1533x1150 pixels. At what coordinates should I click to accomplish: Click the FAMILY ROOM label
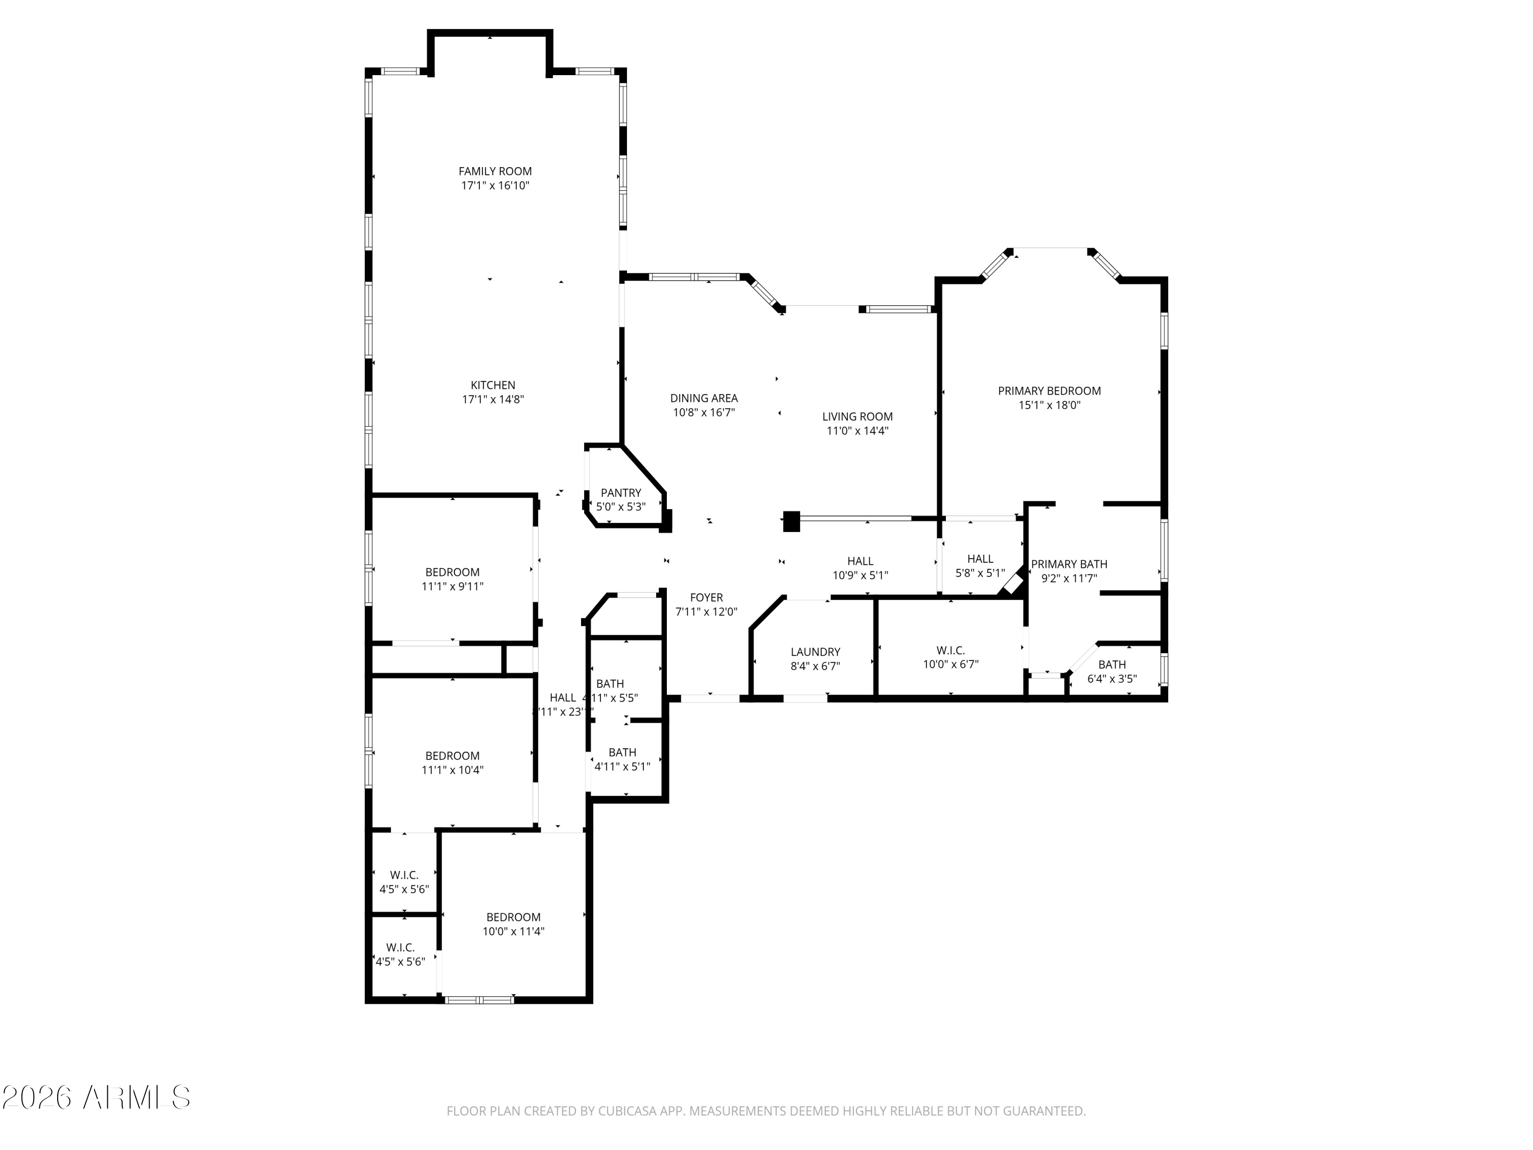pyautogui.click(x=495, y=171)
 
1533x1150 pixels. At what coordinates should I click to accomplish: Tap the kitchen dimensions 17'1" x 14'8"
pyautogui.click(x=493, y=399)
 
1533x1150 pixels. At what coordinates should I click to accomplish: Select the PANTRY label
pyautogui.click(x=620, y=493)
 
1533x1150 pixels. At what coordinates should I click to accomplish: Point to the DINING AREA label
pyautogui.click(x=704, y=398)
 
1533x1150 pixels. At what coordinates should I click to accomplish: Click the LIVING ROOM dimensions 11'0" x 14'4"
pyautogui.click(x=857, y=430)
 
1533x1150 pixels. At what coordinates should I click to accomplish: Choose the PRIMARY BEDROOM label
pyautogui.click(x=1049, y=391)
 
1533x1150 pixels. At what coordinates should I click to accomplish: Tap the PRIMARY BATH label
pyautogui.click(x=1069, y=564)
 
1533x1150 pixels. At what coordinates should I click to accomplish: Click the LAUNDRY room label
pyautogui.click(x=815, y=652)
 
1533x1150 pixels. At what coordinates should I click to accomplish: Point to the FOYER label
pyautogui.click(x=706, y=597)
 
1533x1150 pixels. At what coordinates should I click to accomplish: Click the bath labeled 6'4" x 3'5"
pyautogui.click(x=1111, y=672)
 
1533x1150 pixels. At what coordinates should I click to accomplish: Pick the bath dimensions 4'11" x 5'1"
pyautogui.click(x=622, y=767)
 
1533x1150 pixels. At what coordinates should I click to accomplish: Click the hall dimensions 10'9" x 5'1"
pyautogui.click(x=860, y=576)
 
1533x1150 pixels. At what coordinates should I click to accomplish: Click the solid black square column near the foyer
pyautogui.click(x=791, y=521)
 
